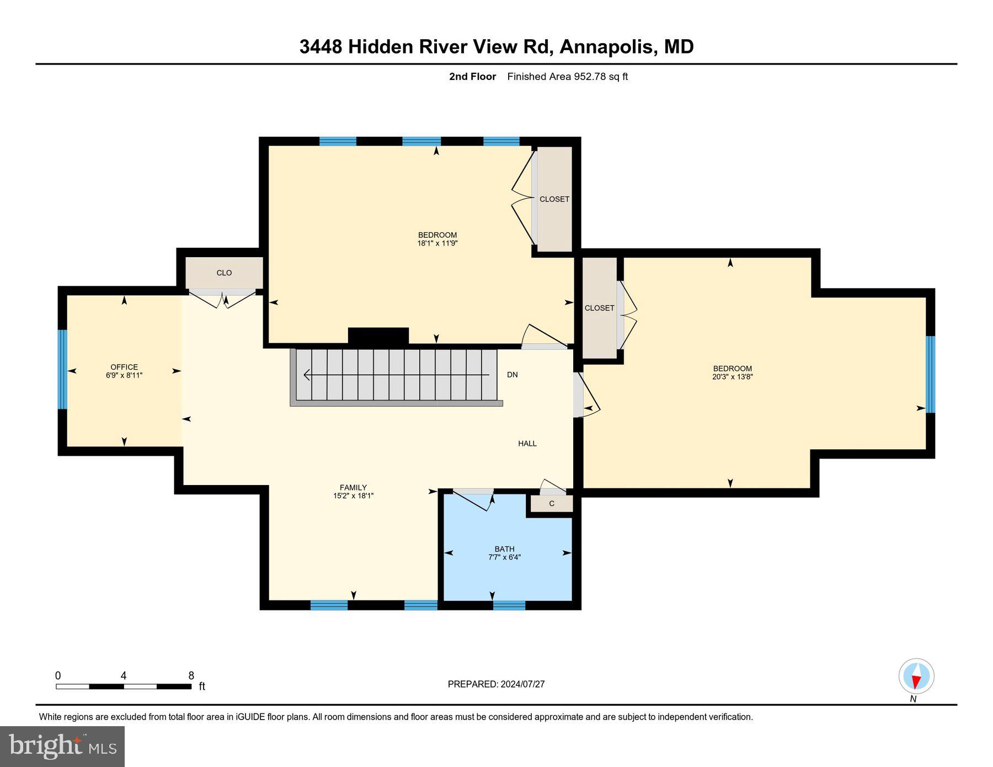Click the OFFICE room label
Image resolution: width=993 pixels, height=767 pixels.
pyautogui.click(x=124, y=367)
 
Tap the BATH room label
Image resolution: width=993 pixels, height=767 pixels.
pyautogui.click(x=504, y=549)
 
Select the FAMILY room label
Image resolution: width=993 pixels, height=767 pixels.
pyautogui.click(x=353, y=487)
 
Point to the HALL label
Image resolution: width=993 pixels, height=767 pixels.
pyautogui.click(x=527, y=443)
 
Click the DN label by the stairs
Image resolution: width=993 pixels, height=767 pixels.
pyautogui.click(x=512, y=375)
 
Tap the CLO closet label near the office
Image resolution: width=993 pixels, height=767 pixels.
pyautogui.click(x=224, y=273)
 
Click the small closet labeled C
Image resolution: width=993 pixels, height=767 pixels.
pyautogui.click(x=551, y=503)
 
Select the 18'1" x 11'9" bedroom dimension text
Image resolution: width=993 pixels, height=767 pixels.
pyautogui.click(x=437, y=243)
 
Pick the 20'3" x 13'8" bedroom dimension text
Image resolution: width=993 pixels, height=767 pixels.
pyautogui.click(x=732, y=377)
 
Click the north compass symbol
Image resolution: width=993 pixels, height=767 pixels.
pyautogui.click(x=916, y=676)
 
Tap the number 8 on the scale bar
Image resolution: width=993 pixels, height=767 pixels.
pyautogui.click(x=191, y=675)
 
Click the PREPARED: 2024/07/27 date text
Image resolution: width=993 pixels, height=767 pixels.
pyautogui.click(x=496, y=684)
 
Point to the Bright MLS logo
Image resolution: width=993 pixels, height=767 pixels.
pyautogui.click(x=62, y=747)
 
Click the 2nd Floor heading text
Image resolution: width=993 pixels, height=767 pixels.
pyautogui.click(x=472, y=77)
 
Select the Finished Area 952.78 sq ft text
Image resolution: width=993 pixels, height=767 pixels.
pyautogui.click(x=567, y=77)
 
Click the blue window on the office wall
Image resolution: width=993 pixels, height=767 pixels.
pyautogui.click(x=62, y=369)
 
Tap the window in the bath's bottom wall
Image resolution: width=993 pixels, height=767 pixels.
pyautogui.click(x=509, y=605)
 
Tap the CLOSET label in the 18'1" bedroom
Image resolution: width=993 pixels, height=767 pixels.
pyautogui.click(x=554, y=199)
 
